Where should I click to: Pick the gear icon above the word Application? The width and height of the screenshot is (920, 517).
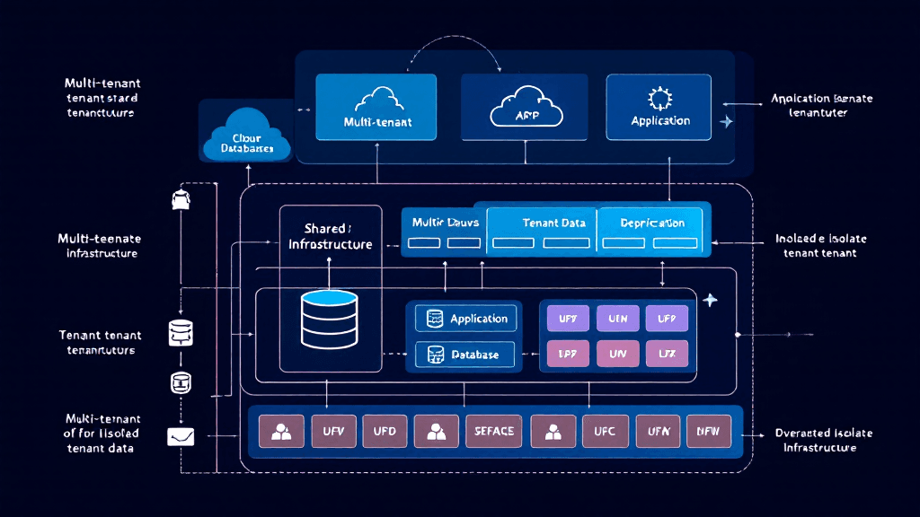pos(659,97)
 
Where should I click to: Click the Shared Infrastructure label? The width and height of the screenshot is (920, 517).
pos(330,236)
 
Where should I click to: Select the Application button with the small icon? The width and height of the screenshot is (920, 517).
pos(467,319)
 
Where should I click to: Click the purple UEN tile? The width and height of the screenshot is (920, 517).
pos(617,319)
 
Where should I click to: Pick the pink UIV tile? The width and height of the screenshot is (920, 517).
pos(617,355)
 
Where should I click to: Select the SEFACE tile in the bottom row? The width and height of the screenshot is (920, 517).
pos(494,431)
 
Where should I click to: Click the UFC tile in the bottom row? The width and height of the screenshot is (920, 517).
pos(604,431)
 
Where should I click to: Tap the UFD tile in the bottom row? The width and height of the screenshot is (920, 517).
pos(385,431)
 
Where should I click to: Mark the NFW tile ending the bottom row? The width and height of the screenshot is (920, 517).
pos(708,431)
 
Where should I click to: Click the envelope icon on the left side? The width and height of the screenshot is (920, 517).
pos(181,436)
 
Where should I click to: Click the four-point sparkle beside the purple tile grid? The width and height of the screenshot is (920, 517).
pos(710,300)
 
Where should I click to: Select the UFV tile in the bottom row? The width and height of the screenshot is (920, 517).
pos(333,431)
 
